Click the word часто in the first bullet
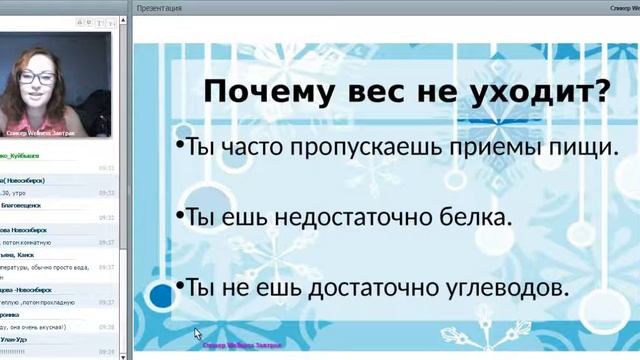click(x=249, y=148)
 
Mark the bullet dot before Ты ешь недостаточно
click(x=178, y=214)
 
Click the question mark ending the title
click(x=600, y=93)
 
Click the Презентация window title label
click(x=160, y=7)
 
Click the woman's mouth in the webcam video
click(x=37, y=97)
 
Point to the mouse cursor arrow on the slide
click(x=197, y=334)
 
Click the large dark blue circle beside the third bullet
click(x=161, y=295)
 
